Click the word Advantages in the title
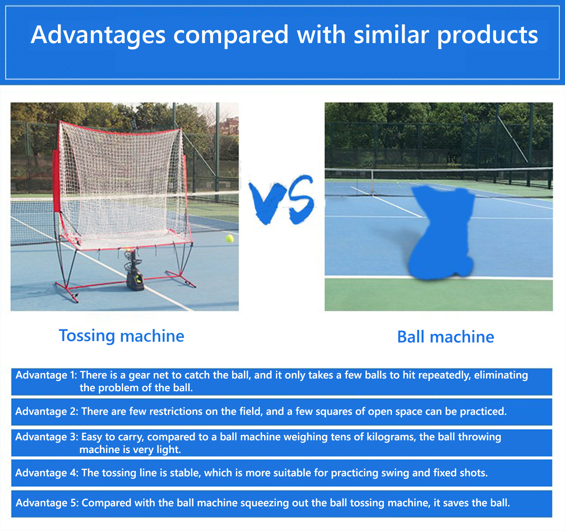[x=98, y=36]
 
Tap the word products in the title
[x=488, y=36]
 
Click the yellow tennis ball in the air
[x=230, y=239]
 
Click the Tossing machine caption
[x=121, y=336]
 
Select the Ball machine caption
[x=446, y=337]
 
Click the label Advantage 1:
[x=46, y=375]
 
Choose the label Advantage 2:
[x=47, y=412]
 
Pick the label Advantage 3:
[x=47, y=437]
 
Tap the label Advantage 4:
[x=47, y=473]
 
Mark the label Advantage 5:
[x=47, y=503]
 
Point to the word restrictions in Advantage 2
[x=173, y=412]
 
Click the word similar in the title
[x=391, y=36]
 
